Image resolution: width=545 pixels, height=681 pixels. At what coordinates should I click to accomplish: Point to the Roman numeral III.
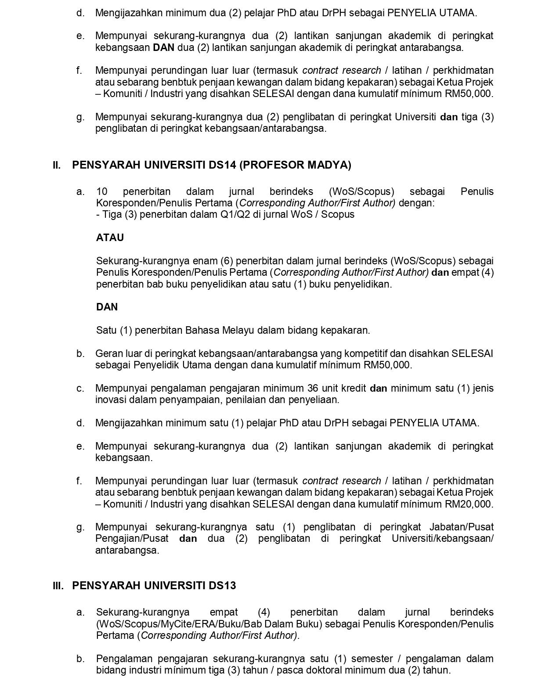(58, 586)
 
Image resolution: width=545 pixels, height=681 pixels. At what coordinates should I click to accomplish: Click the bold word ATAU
(110, 238)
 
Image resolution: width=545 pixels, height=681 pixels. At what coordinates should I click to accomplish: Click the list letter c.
(80, 388)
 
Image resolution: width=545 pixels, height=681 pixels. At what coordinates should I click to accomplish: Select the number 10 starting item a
(101, 191)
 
